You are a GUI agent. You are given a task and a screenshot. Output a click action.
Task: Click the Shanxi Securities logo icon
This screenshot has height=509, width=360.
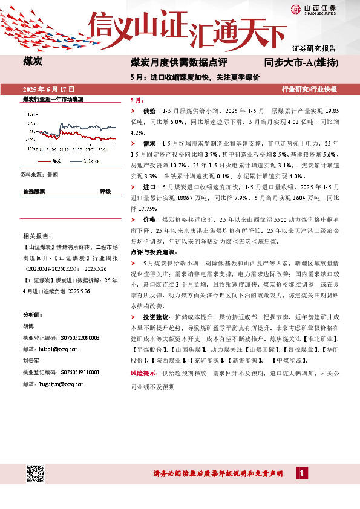tap(296, 8)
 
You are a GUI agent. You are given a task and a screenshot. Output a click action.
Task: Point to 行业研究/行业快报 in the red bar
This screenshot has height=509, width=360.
tap(309, 89)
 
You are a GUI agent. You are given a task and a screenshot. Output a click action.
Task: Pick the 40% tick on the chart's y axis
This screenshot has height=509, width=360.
tap(29, 113)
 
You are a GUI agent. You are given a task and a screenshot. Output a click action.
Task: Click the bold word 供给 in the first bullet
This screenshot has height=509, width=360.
tap(149, 112)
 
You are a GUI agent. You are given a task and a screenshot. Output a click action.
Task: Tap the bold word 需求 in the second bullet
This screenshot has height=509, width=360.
tap(149, 143)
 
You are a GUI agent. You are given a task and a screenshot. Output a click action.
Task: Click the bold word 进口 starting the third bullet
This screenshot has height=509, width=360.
tap(149, 187)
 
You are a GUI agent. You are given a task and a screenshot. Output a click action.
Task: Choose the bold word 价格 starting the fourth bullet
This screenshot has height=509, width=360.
tap(149, 219)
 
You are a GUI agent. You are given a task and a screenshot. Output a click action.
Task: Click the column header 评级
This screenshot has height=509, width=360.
tap(105, 191)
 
